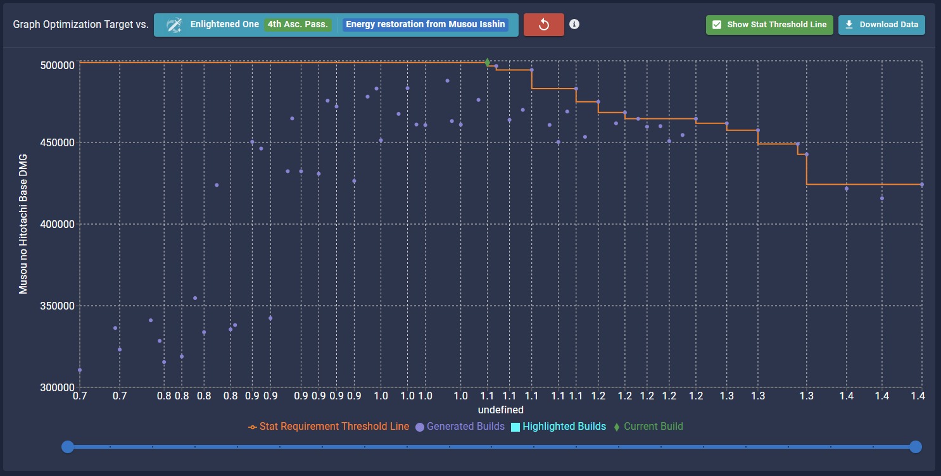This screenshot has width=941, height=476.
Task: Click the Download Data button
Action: pyautogui.click(x=881, y=25)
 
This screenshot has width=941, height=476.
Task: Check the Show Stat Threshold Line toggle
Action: pyautogui.click(x=769, y=25)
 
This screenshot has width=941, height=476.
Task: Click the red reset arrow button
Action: pyautogui.click(x=543, y=25)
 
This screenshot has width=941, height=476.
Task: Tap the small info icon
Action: pyautogui.click(x=574, y=24)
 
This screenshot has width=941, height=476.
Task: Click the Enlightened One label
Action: pyautogui.click(x=225, y=25)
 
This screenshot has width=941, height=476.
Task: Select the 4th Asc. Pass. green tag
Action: pyautogui.click(x=298, y=25)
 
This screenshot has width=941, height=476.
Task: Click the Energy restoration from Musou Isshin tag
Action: pyautogui.click(x=426, y=25)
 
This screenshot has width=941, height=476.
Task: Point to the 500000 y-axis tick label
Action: pyautogui.click(x=58, y=65)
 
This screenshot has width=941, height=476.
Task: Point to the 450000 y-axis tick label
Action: pyautogui.click(x=58, y=142)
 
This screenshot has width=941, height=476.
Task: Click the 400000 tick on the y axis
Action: pyautogui.click(x=58, y=224)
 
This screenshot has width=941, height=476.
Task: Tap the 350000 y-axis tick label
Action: pyautogui.click(x=58, y=306)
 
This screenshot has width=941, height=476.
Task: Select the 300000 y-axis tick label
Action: pyautogui.click(x=58, y=387)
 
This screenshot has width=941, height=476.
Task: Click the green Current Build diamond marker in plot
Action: pyautogui.click(x=488, y=62)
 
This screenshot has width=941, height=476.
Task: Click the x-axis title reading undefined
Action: pyautogui.click(x=500, y=410)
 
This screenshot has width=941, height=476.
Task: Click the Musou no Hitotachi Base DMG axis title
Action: pyautogui.click(x=23, y=223)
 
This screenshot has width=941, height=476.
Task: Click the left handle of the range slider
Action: pyautogui.click(x=68, y=447)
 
